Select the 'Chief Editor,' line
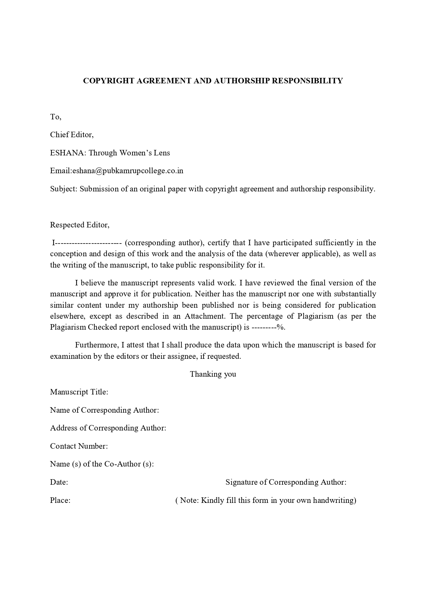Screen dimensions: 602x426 (x=72, y=134)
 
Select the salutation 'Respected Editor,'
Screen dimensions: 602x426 (x=80, y=225)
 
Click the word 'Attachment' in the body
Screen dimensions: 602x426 (x=204, y=316)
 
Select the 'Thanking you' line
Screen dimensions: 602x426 (x=213, y=374)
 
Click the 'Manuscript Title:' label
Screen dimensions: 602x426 (x=79, y=392)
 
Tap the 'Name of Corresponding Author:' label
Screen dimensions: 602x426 (x=104, y=410)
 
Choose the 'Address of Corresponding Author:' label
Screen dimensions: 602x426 (x=108, y=428)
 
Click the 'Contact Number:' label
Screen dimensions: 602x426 (x=79, y=446)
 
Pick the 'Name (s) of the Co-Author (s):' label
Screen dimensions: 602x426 (x=102, y=464)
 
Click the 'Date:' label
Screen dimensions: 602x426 (x=59, y=482)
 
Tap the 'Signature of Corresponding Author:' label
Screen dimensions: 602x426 (x=286, y=482)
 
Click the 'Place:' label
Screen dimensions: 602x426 (x=60, y=500)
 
